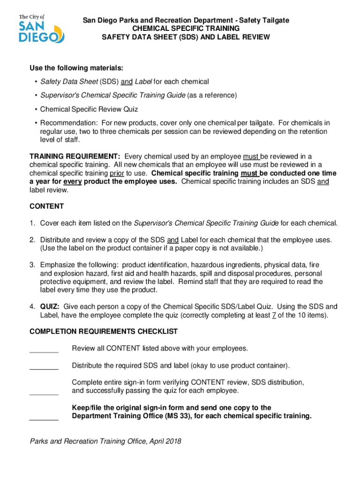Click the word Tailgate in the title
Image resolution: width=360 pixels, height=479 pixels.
(x=275, y=20)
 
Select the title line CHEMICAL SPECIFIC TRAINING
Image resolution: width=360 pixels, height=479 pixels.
(x=186, y=29)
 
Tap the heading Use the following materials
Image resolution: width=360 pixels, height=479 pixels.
(x=77, y=68)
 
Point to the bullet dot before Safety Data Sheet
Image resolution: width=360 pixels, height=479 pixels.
(x=36, y=82)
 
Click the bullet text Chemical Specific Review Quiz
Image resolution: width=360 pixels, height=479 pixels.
(x=89, y=109)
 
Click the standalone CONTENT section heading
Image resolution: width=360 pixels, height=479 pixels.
(x=47, y=206)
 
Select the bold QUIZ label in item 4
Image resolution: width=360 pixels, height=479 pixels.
(x=50, y=306)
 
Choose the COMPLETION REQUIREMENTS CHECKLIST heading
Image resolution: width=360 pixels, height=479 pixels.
(x=103, y=331)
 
